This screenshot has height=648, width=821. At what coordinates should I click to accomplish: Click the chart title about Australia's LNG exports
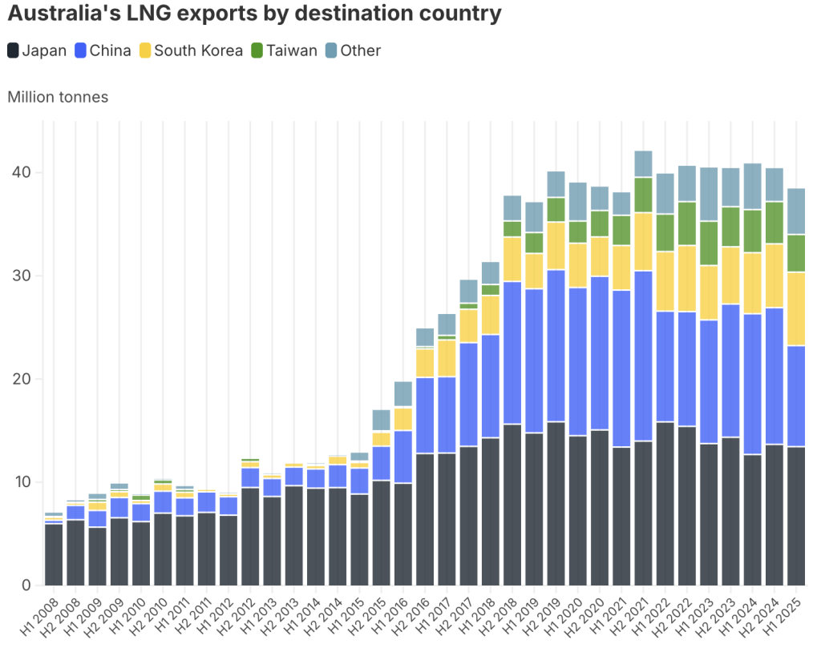pyautogui.click(x=254, y=14)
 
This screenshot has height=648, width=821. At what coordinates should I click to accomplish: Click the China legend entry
pyautogui.click(x=103, y=50)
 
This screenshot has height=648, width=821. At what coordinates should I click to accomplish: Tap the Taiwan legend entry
pyautogui.click(x=284, y=50)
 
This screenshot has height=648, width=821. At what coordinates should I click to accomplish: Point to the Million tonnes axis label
pyautogui.click(x=58, y=97)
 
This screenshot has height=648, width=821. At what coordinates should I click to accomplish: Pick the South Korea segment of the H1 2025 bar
pyautogui.click(x=796, y=309)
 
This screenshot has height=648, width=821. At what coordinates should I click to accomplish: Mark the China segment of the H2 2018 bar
pyautogui.click(x=512, y=352)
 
